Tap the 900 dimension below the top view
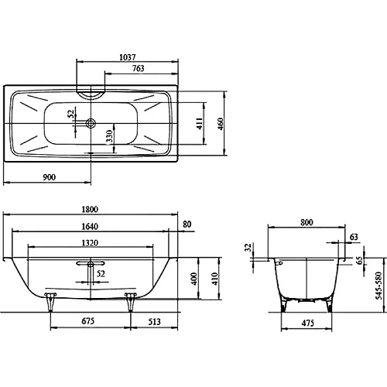(49, 177)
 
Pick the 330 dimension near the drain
(109, 138)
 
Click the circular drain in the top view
(92, 122)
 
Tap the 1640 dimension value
(91, 227)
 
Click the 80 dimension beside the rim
(186, 224)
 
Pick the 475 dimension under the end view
(307, 323)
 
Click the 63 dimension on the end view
(354, 237)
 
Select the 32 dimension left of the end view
(248, 248)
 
